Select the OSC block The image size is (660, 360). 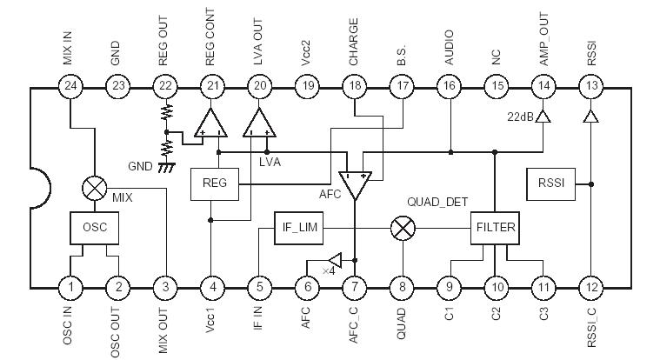coord(93,228)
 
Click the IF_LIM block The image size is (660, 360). coord(299,227)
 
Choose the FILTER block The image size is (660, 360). coord(496,228)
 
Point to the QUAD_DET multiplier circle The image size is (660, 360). coord(402,228)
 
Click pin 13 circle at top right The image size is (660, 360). coord(591,85)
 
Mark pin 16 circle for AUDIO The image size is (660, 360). coord(449,85)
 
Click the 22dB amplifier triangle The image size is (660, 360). coord(543,117)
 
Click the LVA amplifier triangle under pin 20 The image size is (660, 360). coord(259,123)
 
